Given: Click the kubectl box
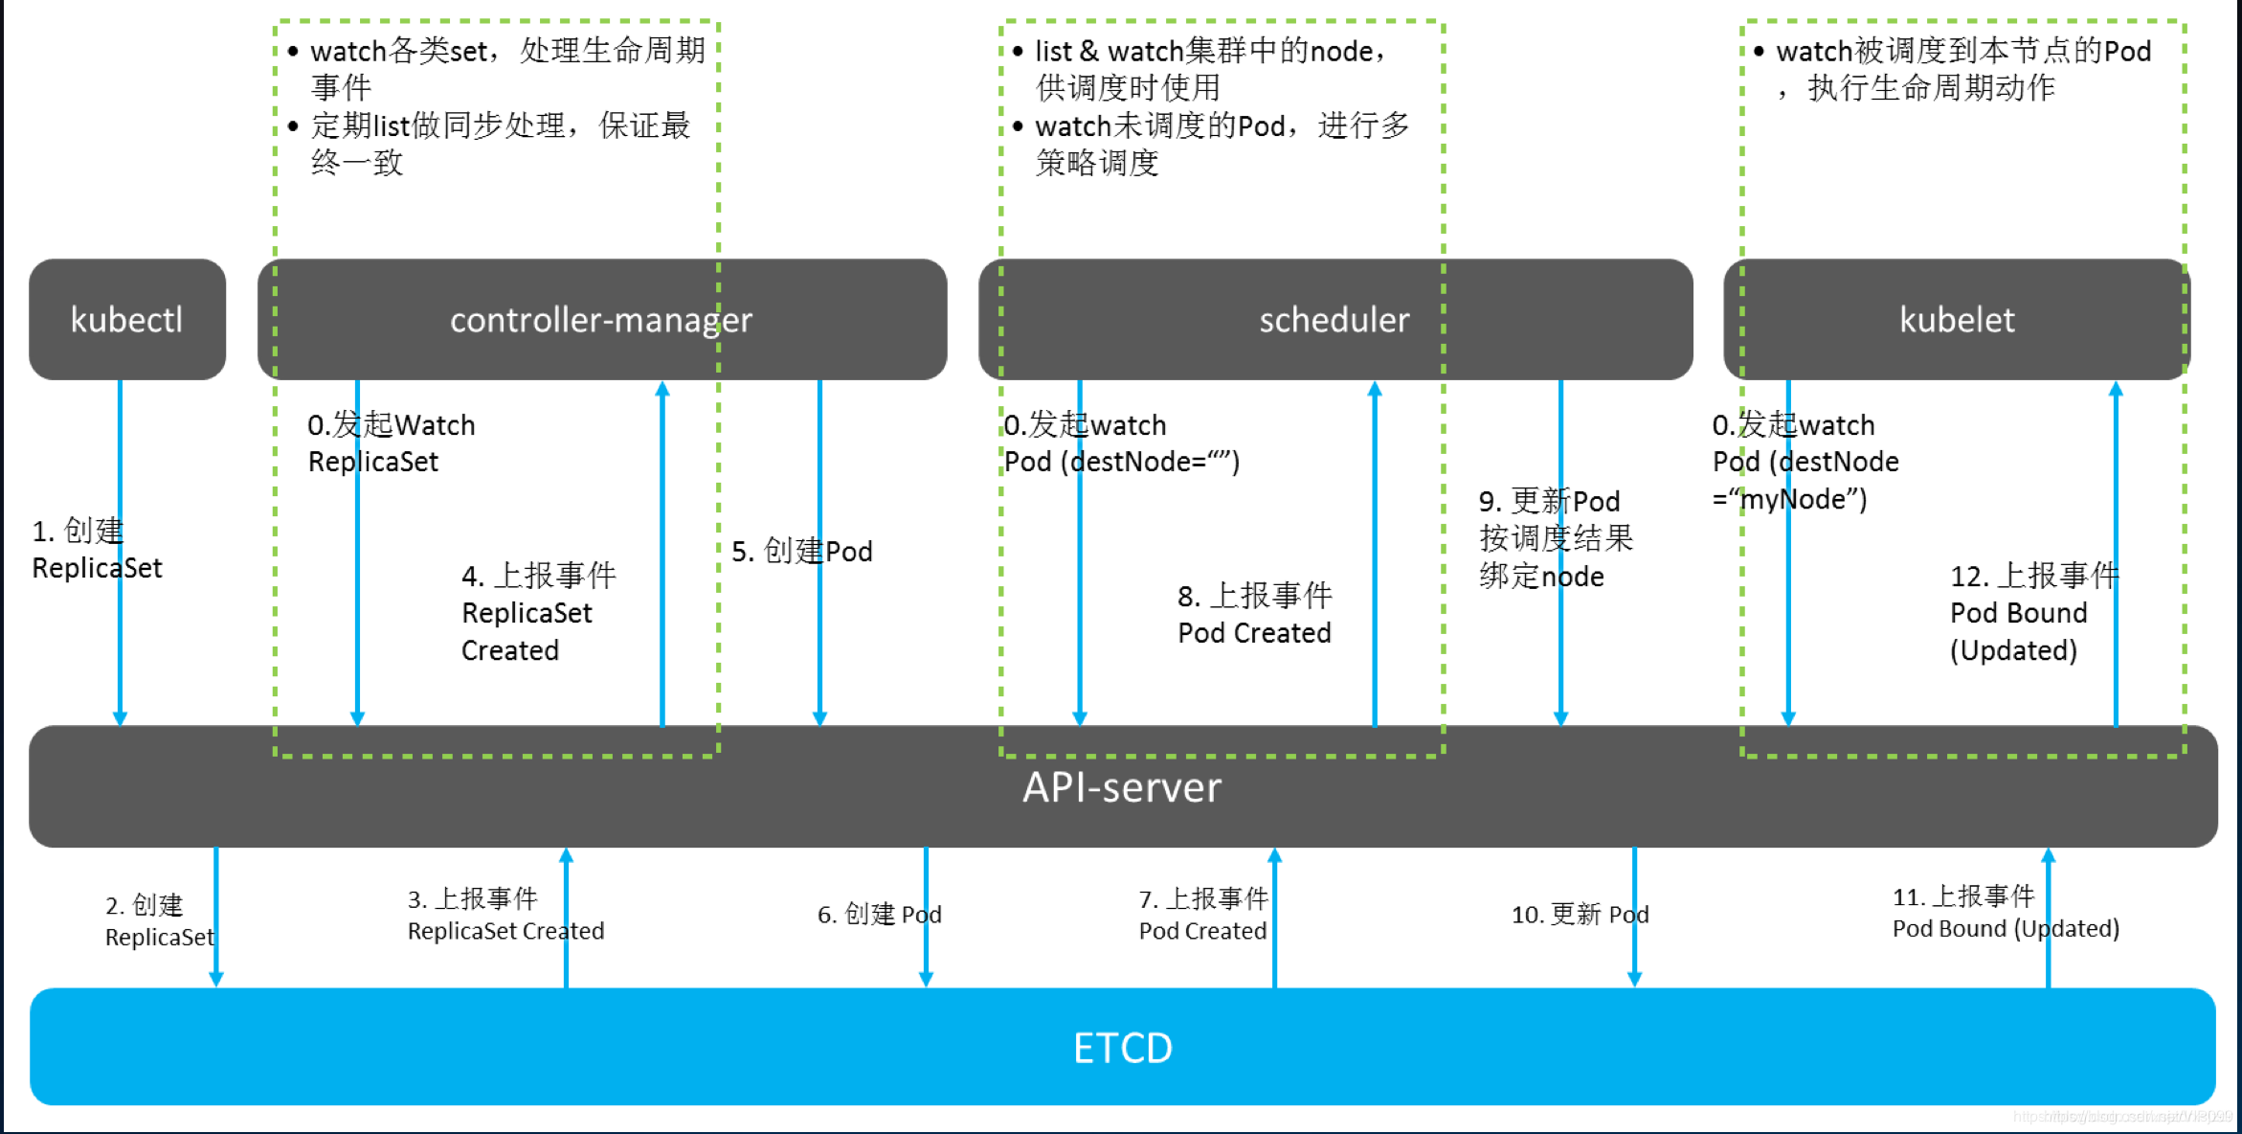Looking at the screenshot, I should (127, 320).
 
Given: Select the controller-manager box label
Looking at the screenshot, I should (601, 320).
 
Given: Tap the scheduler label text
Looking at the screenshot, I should (1334, 320).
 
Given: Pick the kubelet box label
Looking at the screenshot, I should (1957, 320).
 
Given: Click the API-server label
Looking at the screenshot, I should (1122, 787).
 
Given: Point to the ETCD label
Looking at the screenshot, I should (1122, 1048).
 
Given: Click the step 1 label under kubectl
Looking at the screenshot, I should (96, 550).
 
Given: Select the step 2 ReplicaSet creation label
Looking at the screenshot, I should (159, 920).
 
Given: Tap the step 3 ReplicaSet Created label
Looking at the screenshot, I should (505, 915).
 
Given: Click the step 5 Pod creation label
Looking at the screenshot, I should (802, 552).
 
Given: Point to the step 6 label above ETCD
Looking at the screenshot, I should (879, 915).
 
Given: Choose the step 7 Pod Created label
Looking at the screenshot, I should (1203, 915).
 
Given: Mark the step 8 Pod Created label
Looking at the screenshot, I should (1254, 614).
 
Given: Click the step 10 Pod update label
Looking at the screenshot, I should (1580, 915).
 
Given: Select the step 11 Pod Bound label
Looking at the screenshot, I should (2006, 913).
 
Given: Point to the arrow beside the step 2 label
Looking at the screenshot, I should (216, 917).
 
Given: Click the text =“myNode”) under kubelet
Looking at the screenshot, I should (1789, 499).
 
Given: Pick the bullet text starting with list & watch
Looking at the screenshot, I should (1211, 69).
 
